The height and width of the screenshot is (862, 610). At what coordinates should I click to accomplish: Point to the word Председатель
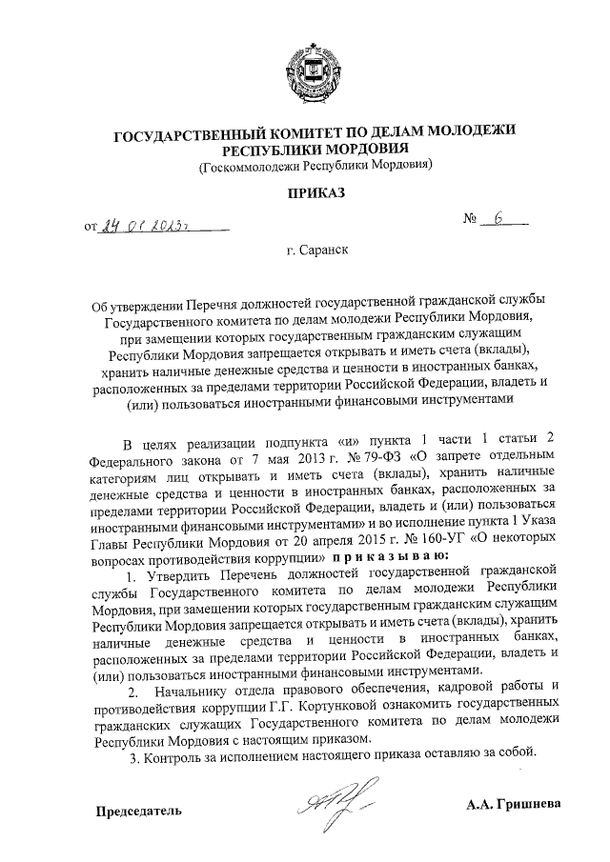136,811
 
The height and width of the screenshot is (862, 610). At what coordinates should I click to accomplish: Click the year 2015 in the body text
395,538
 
